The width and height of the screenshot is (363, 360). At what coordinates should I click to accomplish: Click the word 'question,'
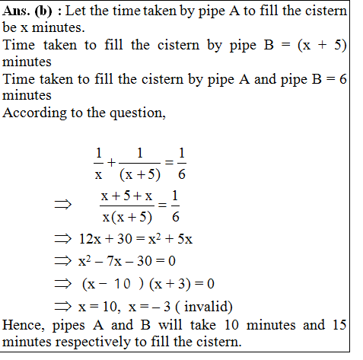(x=142, y=113)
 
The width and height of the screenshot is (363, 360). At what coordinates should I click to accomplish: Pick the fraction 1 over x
(x=97, y=163)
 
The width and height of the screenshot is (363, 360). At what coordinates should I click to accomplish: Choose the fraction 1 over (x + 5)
(x=139, y=163)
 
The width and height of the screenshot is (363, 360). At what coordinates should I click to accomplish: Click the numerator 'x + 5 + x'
(x=126, y=196)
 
